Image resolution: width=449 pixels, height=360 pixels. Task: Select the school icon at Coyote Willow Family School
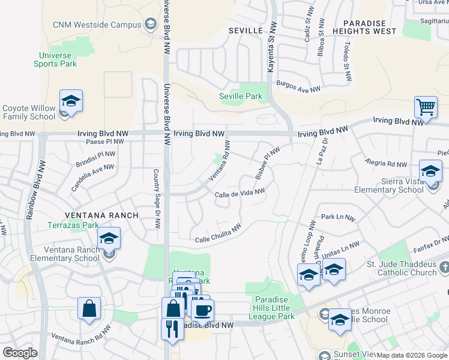coord(71,102)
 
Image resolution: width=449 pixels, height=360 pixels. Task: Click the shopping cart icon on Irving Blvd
coord(426,107)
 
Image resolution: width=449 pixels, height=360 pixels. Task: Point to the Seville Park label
coord(240,96)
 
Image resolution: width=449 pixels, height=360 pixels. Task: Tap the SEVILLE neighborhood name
coord(246,30)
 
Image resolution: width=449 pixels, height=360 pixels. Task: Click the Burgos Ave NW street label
coord(298,88)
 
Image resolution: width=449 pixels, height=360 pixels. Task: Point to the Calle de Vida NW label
coord(240,193)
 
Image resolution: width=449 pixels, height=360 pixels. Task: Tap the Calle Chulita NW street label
coord(218,235)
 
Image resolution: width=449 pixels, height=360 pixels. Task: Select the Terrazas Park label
coord(73,226)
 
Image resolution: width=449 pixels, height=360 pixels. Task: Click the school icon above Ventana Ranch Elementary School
coord(109,239)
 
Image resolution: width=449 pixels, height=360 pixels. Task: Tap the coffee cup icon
coord(203,311)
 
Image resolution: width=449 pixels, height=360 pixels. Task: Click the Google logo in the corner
coord(20,353)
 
